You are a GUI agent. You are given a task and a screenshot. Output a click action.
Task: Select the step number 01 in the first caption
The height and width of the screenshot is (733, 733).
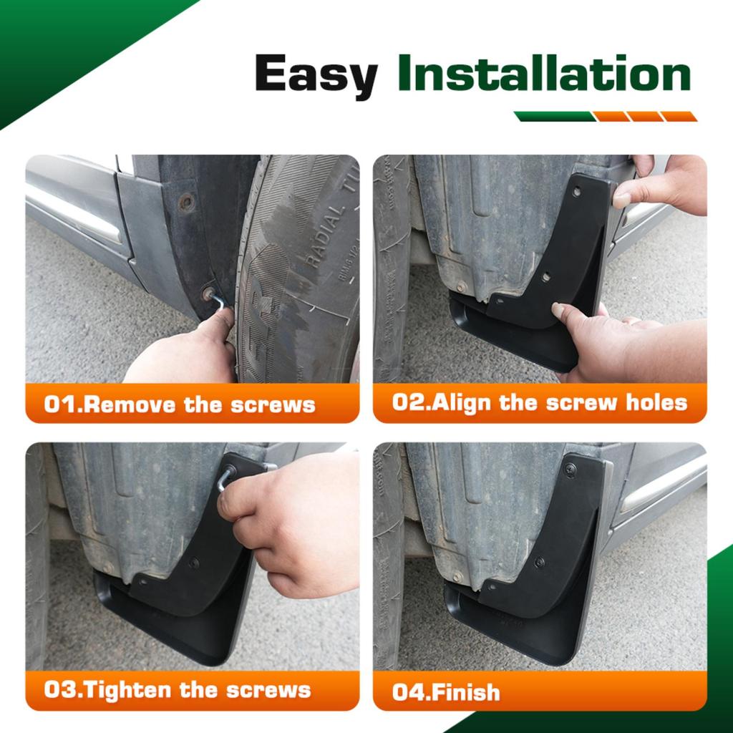pyautogui.click(x=59, y=404)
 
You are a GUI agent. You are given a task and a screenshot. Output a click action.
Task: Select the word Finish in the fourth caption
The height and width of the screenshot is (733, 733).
pyautogui.click(x=466, y=692)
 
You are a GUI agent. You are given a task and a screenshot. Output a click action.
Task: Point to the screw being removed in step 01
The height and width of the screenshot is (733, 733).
pyautogui.click(x=208, y=293)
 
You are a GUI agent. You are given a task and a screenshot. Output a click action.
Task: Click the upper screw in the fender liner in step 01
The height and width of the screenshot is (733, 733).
pyautogui.click(x=187, y=202)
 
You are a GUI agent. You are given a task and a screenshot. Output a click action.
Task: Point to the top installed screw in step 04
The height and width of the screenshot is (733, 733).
pyautogui.click(x=571, y=470)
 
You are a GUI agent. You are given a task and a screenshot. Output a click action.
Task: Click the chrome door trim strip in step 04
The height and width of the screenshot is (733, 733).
pyautogui.click(x=662, y=487)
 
